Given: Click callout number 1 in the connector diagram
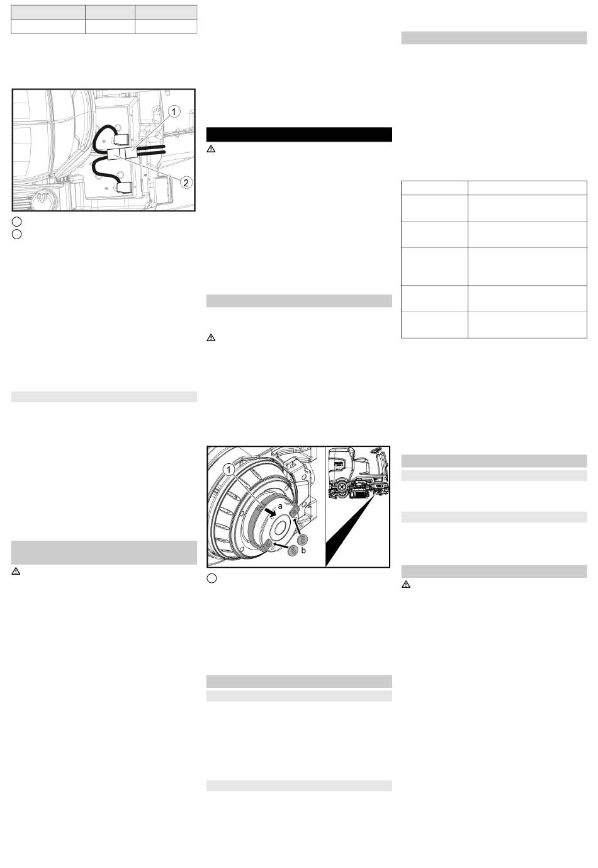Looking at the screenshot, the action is click(x=174, y=112).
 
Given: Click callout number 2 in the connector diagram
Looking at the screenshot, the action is click(x=186, y=183).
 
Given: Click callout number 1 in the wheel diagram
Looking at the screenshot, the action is click(x=228, y=470).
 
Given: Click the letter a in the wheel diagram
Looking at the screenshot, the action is click(x=280, y=506).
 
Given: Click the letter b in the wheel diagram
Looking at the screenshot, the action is click(x=303, y=550).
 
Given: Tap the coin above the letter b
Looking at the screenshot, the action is click(x=303, y=539).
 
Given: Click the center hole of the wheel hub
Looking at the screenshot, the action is click(x=280, y=528).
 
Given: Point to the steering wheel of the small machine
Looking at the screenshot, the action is click(x=375, y=451).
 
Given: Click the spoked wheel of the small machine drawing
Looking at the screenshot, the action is click(x=341, y=487).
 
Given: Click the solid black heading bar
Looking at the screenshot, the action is click(x=299, y=135).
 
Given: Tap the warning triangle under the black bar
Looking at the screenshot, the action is click(x=212, y=149).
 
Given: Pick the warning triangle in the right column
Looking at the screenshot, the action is click(x=406, y=584).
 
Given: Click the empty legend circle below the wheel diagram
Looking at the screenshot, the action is click(x=212, y=578).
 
